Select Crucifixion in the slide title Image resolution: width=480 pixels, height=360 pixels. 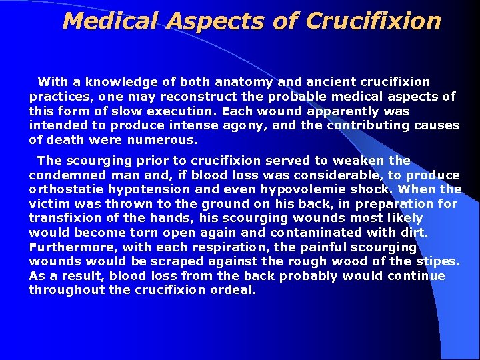(373, 21)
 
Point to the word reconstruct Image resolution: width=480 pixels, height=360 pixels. (179, 97)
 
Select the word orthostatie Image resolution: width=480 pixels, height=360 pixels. (68, 189)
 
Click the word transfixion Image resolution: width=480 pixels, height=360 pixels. (68, 218)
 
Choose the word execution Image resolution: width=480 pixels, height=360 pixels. (179, 111)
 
